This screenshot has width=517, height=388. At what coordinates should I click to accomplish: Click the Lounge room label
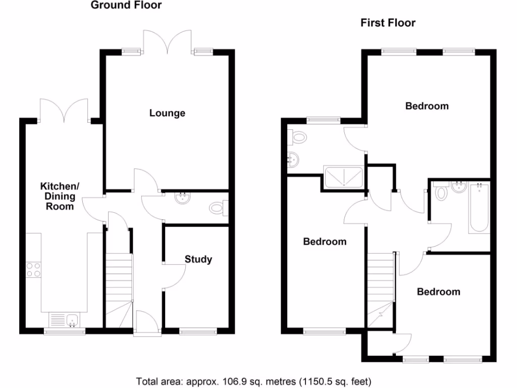[167, 113]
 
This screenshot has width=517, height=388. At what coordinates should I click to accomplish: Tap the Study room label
[198, 260]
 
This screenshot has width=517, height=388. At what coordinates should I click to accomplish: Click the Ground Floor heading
[126, 6]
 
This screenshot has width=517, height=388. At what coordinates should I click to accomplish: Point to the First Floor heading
[388, 23]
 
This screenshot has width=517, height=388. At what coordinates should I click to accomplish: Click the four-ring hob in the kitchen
[33, 270]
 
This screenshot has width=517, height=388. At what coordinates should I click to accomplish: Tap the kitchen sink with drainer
[64, 320]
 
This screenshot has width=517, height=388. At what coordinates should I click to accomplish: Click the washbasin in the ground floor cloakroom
[182, 199]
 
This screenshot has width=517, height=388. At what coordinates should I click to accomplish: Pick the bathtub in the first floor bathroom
[479, 208]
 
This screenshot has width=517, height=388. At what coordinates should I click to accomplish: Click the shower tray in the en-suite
[343, 176]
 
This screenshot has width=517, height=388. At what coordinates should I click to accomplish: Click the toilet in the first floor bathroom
[441, 192]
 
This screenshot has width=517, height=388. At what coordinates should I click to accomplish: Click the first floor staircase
[380, 283]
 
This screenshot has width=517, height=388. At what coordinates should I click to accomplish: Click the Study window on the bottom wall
[198, 332]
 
